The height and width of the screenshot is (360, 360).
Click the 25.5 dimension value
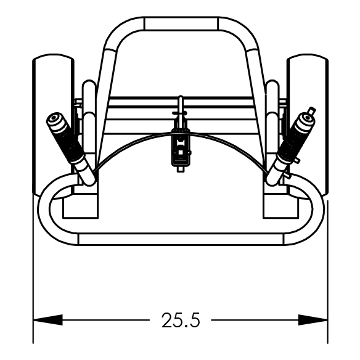[181, 320]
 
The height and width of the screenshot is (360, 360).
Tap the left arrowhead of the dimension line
[47, 320]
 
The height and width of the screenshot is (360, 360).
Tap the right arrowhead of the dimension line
[313, 320]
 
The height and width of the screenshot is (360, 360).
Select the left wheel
[53, 125]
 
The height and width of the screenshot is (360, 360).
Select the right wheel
[308, 125]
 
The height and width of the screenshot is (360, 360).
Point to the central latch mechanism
[181, 147]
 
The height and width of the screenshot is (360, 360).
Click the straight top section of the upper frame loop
[181, 23]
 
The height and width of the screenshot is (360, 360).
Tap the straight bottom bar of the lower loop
[181, 239]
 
